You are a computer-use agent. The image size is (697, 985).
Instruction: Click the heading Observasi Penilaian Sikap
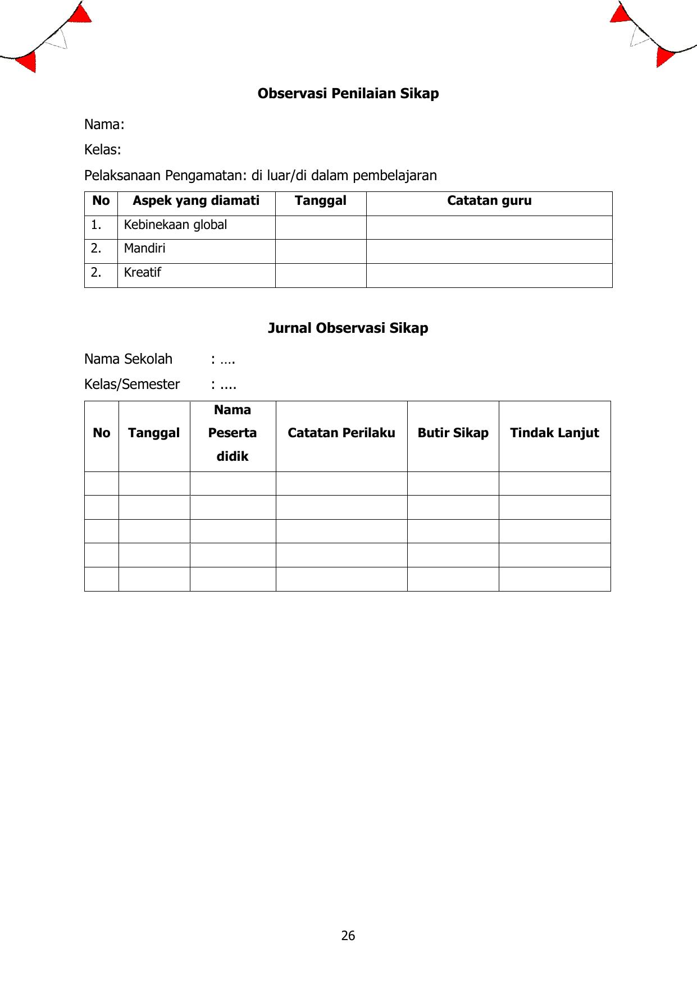pos(348,94)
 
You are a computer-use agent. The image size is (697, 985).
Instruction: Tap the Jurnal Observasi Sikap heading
pos(348,328)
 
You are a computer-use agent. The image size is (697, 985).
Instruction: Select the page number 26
pos(348,936)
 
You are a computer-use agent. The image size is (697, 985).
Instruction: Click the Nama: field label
pos(104,125)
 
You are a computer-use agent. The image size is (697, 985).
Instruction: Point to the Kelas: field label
pos(103,150)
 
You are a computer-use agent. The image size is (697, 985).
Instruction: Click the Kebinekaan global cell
pos(175,225)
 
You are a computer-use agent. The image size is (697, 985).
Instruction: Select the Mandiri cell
pos(144,249)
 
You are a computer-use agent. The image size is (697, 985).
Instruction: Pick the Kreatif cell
pos(142,273)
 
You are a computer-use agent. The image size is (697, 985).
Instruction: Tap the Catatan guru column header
pos(489,201)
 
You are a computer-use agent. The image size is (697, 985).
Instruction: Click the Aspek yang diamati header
pos(196,201)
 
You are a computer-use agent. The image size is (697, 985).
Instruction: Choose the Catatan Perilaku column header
pos(341,433)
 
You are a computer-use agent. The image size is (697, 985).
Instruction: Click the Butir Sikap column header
pos(453,433)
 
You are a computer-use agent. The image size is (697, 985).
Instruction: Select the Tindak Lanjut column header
pos(554,433)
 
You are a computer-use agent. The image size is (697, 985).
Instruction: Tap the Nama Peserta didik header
pos(233,433)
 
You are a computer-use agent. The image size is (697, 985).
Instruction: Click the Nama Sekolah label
pos(128,359)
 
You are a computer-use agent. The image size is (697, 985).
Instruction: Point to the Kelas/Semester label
pos(132,384)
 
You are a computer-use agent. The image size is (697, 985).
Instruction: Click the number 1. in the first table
pos(96,225)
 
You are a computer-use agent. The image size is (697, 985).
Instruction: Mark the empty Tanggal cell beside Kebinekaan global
pos(320,227)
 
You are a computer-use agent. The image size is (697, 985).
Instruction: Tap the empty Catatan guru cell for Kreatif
pos(489,275)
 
